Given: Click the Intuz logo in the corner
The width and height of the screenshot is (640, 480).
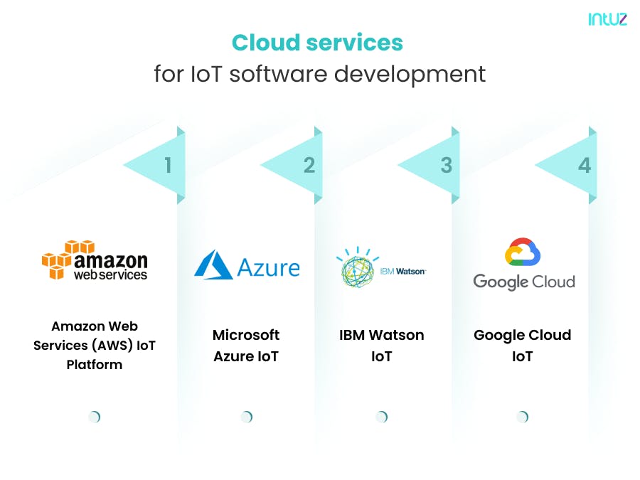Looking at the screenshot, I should click(x=607, y=19).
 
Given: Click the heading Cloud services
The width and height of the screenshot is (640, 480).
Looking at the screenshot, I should click(x=317, y=43).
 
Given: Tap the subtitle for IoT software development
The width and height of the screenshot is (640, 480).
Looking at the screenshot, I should click(x=319, y=73).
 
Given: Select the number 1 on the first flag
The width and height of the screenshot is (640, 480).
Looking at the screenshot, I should click(x=168, y=166).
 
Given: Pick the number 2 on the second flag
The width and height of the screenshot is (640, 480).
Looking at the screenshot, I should click(x=309, y=166).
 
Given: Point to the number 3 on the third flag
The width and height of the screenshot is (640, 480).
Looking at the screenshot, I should click(x=446, y=166).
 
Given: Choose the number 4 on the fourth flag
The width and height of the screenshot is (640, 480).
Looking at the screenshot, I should click(x=584, y=166).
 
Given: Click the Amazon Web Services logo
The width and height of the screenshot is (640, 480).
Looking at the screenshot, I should click(x=95, y=260).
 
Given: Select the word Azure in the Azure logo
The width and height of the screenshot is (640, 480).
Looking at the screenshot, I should click(x=268, y=267).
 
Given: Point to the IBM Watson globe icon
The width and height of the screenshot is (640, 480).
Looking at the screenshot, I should click(x=358, y=268).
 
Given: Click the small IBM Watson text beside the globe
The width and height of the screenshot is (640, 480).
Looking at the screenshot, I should click(x=404, y=271).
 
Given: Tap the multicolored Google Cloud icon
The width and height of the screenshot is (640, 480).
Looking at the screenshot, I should click(x=523, y=252).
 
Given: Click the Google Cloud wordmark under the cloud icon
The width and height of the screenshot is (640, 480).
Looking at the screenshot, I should click(x=524, y=282).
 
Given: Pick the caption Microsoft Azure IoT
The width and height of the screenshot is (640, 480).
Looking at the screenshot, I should click(x=246, y=346).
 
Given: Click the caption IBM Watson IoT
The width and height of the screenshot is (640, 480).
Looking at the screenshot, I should click(x=381, y=346).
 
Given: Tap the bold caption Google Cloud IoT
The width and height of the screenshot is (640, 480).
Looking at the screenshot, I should click(x=523, y=346).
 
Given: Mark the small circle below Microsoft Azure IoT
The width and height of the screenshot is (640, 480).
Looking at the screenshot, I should click(x=247, y=417).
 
